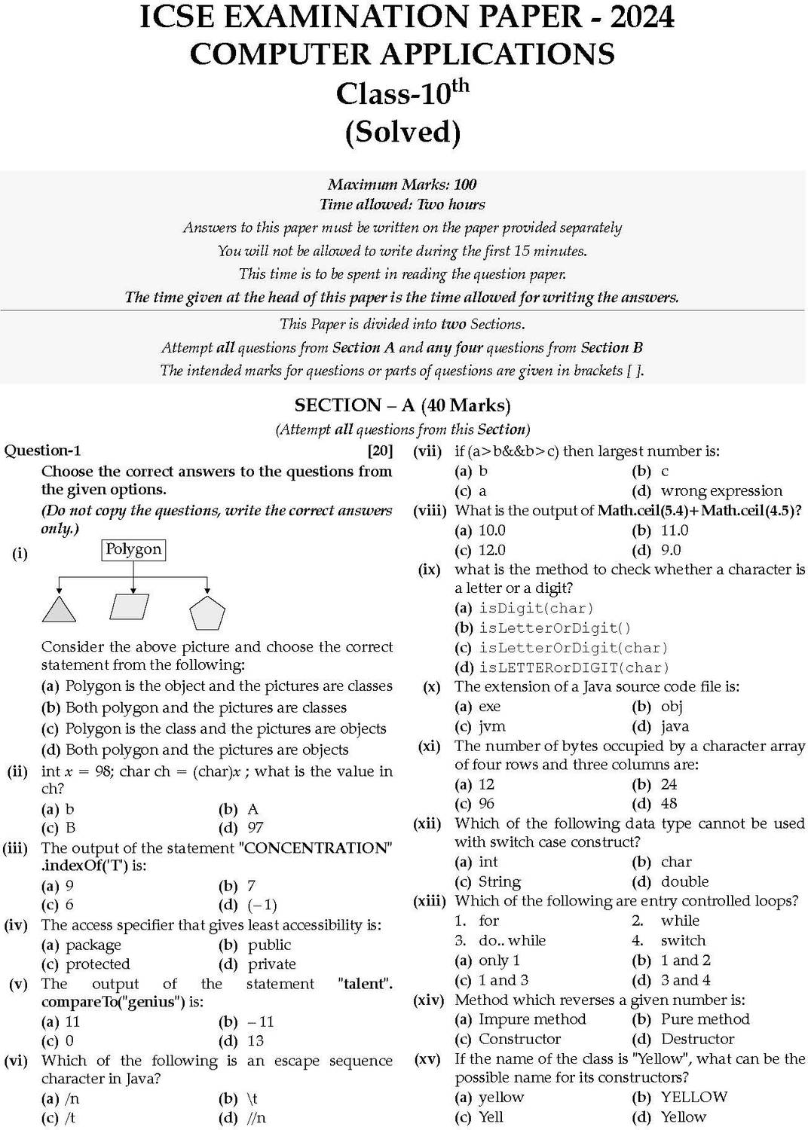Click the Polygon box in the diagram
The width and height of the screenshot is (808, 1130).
[133, 550]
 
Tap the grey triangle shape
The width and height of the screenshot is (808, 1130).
[58, 609]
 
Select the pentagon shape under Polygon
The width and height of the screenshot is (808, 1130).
[207, 612]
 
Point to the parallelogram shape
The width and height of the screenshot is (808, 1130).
[130, 606]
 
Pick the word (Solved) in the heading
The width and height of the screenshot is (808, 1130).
[402, 132]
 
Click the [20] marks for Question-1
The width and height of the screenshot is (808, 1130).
[379, 451]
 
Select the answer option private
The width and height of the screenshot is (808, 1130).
[271, 964]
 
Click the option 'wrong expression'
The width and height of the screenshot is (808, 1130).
[721, 491]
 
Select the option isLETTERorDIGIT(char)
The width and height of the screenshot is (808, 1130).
[574, 667]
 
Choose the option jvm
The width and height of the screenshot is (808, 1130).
[491, 727]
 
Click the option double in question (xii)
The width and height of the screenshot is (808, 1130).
[684, 881]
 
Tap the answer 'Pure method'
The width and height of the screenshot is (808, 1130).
[705, 1019]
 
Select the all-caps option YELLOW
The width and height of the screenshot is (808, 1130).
[693, 1098]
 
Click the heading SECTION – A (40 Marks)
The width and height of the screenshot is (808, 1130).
[402, 406]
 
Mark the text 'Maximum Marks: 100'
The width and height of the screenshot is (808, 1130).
[402, 185]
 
